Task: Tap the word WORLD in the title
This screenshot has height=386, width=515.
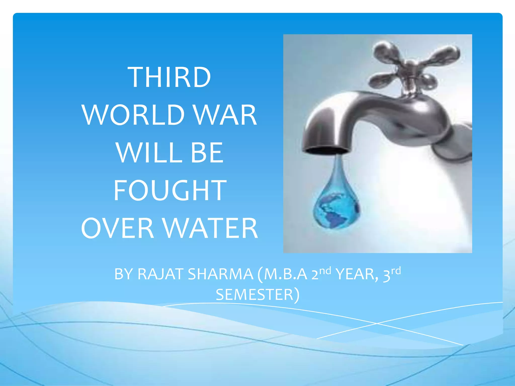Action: (x=133, y=115)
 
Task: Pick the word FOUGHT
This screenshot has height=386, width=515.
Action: (x=170, y=190)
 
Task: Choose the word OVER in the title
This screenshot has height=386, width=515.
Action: (x=117, y=228)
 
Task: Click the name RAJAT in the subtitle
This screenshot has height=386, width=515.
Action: (x=161, y=274)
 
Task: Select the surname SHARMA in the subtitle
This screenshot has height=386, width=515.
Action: (x=220, y=274)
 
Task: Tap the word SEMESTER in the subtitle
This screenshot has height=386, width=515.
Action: (x=254, y=295)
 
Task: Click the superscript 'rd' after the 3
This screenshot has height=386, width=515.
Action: (x=396, y=271)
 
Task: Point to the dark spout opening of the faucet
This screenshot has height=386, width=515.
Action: (x=326, y=151)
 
